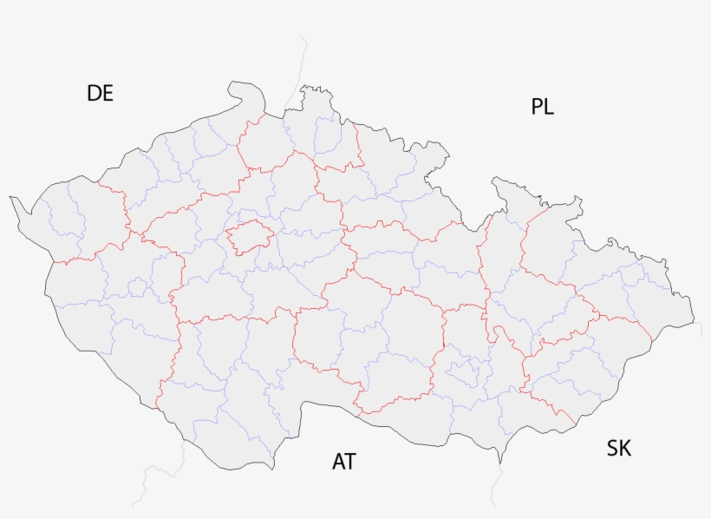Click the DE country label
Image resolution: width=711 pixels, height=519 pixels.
100,93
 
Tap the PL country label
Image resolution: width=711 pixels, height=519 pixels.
542,107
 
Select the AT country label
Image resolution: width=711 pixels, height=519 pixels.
344,461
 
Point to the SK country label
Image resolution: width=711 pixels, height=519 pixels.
619,448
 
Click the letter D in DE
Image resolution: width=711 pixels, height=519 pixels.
94,93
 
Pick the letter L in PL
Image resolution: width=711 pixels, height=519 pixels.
549,107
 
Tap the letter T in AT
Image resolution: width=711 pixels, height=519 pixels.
350,461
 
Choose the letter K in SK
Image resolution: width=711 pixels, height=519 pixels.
625,448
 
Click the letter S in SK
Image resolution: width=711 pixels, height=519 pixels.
612,448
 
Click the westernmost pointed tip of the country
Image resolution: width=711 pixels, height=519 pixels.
11,199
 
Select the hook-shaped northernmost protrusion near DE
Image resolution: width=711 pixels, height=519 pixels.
234,87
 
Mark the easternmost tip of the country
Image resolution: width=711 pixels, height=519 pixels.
693,319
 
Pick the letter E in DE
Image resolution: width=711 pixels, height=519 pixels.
108,93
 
